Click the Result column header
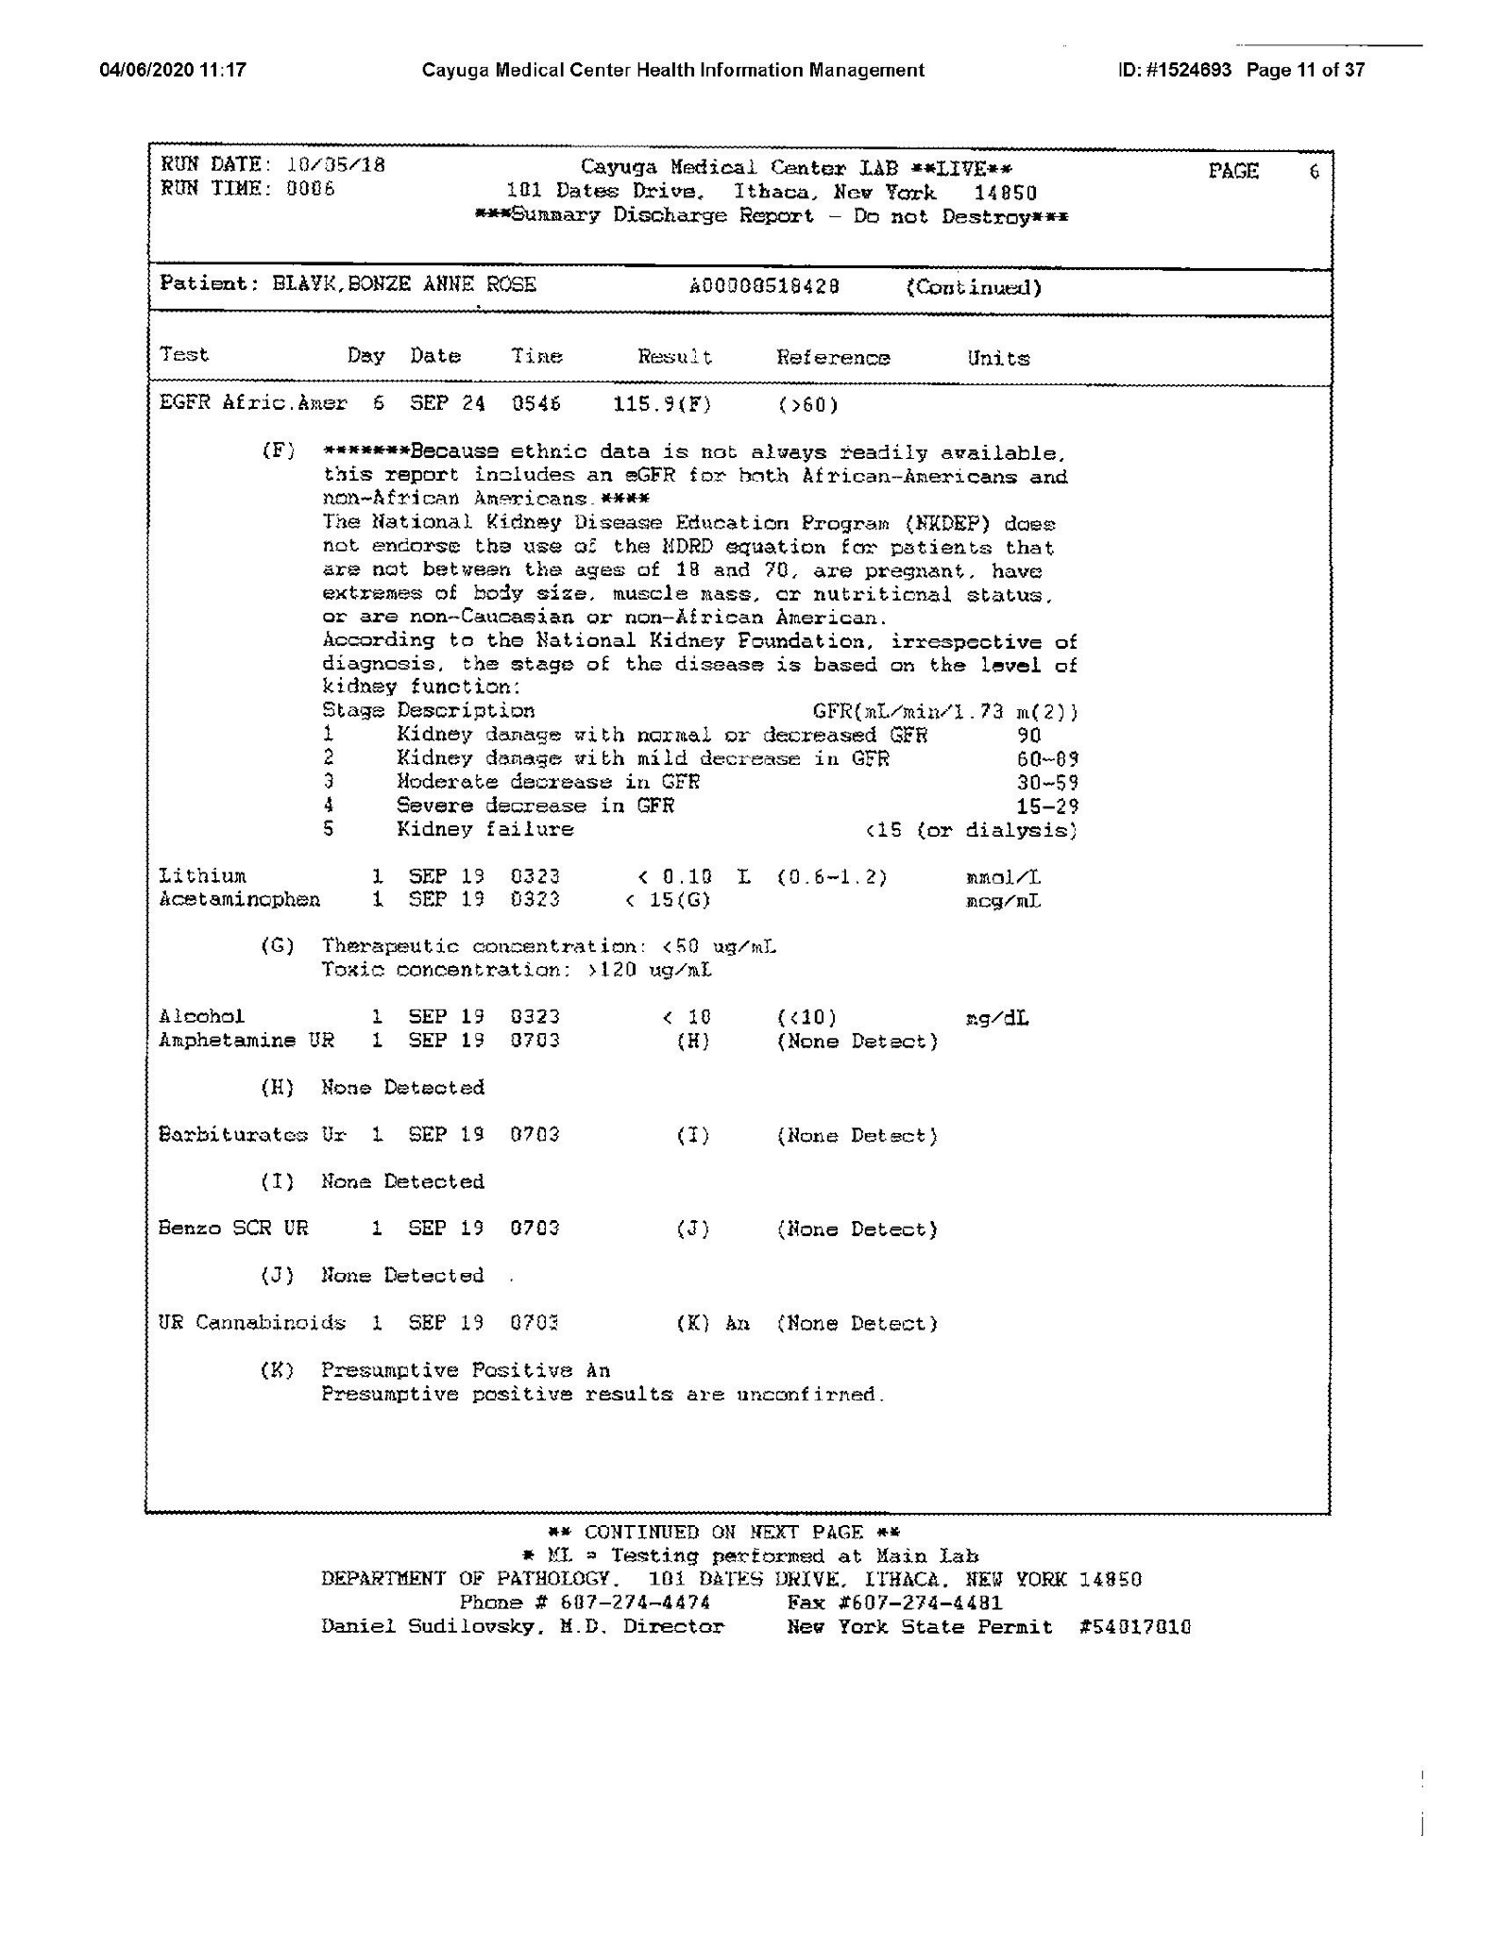674,357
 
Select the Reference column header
833,358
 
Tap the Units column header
997,358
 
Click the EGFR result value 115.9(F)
662,404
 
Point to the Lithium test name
202,876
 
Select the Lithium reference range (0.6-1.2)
832,877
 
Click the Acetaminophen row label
239,900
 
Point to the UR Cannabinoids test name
252,1322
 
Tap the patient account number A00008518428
764,286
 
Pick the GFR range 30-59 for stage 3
1047,783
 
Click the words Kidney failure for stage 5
484,829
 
